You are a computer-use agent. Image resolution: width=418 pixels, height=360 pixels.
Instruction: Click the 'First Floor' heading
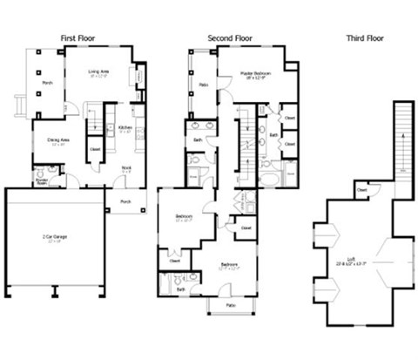78,37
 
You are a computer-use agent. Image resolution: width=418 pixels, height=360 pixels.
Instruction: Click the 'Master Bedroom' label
259,75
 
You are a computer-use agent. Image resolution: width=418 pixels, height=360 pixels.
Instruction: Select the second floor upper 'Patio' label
202,85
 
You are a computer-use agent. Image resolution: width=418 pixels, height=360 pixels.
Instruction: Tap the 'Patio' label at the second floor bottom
231,306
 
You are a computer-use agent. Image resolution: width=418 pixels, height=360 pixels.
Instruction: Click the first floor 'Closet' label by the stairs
95,148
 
